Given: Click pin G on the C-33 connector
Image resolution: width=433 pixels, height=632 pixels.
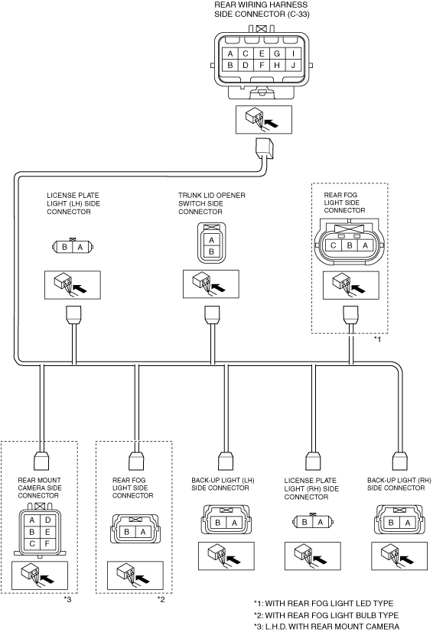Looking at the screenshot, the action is (x=277, y=53).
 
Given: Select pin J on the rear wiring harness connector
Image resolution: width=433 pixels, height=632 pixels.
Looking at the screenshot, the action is (x=293, y=65).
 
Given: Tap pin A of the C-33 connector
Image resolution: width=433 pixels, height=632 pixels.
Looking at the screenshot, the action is (x=230, y=53).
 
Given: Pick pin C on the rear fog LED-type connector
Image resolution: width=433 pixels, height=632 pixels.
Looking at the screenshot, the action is (x=334, y=245).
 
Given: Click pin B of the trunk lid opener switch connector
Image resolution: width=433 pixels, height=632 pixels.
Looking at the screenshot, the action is (x=211, y=252).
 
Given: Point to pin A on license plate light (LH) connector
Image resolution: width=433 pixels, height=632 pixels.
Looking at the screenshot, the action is (x=80, y=247).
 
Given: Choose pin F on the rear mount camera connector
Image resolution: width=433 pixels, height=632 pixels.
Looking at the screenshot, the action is (x=47, y=543).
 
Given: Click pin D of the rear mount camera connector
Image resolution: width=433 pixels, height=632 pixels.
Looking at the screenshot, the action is (x=47, y=520).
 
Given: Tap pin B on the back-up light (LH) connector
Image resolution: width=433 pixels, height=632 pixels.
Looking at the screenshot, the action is (x=218, y=523).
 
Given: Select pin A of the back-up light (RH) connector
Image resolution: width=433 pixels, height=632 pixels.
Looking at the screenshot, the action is (x=408, y=523).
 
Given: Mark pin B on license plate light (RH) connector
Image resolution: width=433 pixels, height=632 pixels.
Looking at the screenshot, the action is (x=304, y=522).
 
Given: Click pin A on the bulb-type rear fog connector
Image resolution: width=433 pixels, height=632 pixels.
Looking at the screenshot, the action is (x=143, y=532).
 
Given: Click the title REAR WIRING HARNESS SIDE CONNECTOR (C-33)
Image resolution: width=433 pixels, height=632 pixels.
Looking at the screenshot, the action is (x=262, y=9).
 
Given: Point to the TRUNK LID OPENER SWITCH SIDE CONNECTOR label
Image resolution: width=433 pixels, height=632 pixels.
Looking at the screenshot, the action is (x=212, y=203).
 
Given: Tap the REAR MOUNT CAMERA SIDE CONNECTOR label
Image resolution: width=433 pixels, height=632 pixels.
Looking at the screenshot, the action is (x=40, y=488).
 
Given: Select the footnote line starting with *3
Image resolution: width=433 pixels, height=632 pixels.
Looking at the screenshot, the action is (x=327, y=627).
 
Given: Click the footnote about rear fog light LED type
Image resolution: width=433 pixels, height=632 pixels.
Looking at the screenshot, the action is (x=324, y=604).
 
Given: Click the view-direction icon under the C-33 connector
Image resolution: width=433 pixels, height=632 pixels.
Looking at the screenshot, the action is (x=263, y=120).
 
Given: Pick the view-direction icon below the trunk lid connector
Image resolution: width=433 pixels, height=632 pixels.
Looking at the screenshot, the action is (x=211, y=284).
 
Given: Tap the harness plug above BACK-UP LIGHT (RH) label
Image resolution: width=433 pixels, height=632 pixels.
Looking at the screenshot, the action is (x=399, y=460).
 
